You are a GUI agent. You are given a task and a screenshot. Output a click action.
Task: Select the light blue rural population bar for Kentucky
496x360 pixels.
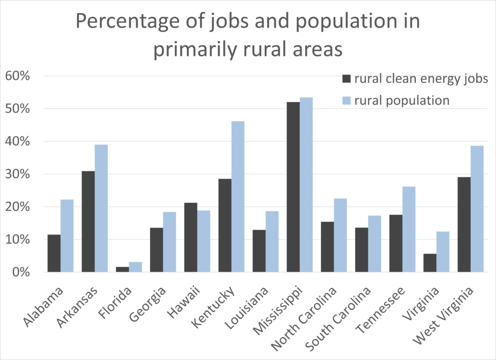(x=238, y=196)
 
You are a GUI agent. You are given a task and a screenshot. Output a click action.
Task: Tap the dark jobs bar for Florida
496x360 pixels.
(x=123, y=269)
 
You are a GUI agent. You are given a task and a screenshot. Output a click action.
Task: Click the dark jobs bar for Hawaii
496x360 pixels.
(x=191, y=237)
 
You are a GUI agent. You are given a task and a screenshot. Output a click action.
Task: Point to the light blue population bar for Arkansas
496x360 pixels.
(x=101, y=208)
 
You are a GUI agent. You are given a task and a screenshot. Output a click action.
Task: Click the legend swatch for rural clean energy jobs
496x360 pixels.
(x=346, y=79)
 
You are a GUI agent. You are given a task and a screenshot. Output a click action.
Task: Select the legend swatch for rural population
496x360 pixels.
(x=346, y=100)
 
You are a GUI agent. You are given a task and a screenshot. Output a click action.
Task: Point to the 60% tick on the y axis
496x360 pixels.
(x=19, y=76)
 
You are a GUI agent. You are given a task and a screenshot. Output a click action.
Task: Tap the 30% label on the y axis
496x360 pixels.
(x=19, y=174)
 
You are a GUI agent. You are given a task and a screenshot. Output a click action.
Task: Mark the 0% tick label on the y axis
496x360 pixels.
(x=22, y=272)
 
